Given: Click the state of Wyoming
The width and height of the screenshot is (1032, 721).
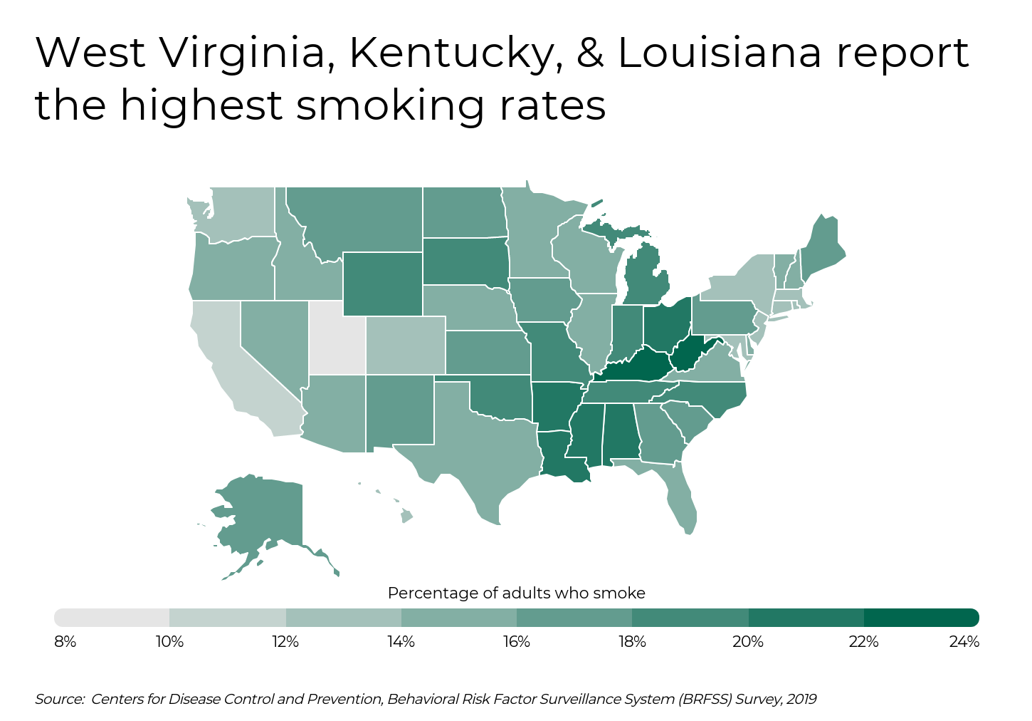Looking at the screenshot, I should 382,284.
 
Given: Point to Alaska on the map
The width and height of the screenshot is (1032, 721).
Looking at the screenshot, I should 267,513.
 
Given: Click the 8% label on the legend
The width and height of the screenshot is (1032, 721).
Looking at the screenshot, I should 65,642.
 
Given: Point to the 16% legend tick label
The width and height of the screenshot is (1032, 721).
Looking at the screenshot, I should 516,642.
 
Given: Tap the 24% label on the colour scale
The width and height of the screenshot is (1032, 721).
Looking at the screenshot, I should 964,642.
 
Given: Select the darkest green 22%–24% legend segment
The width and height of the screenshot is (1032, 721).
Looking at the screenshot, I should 921,618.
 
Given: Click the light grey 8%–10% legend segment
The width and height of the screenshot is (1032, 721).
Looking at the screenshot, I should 112,618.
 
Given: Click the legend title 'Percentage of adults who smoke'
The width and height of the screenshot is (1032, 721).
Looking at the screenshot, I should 516,593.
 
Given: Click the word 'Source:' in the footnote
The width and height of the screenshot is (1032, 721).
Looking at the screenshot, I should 60,699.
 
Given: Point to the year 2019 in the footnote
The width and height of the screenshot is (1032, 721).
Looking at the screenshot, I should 801,699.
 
